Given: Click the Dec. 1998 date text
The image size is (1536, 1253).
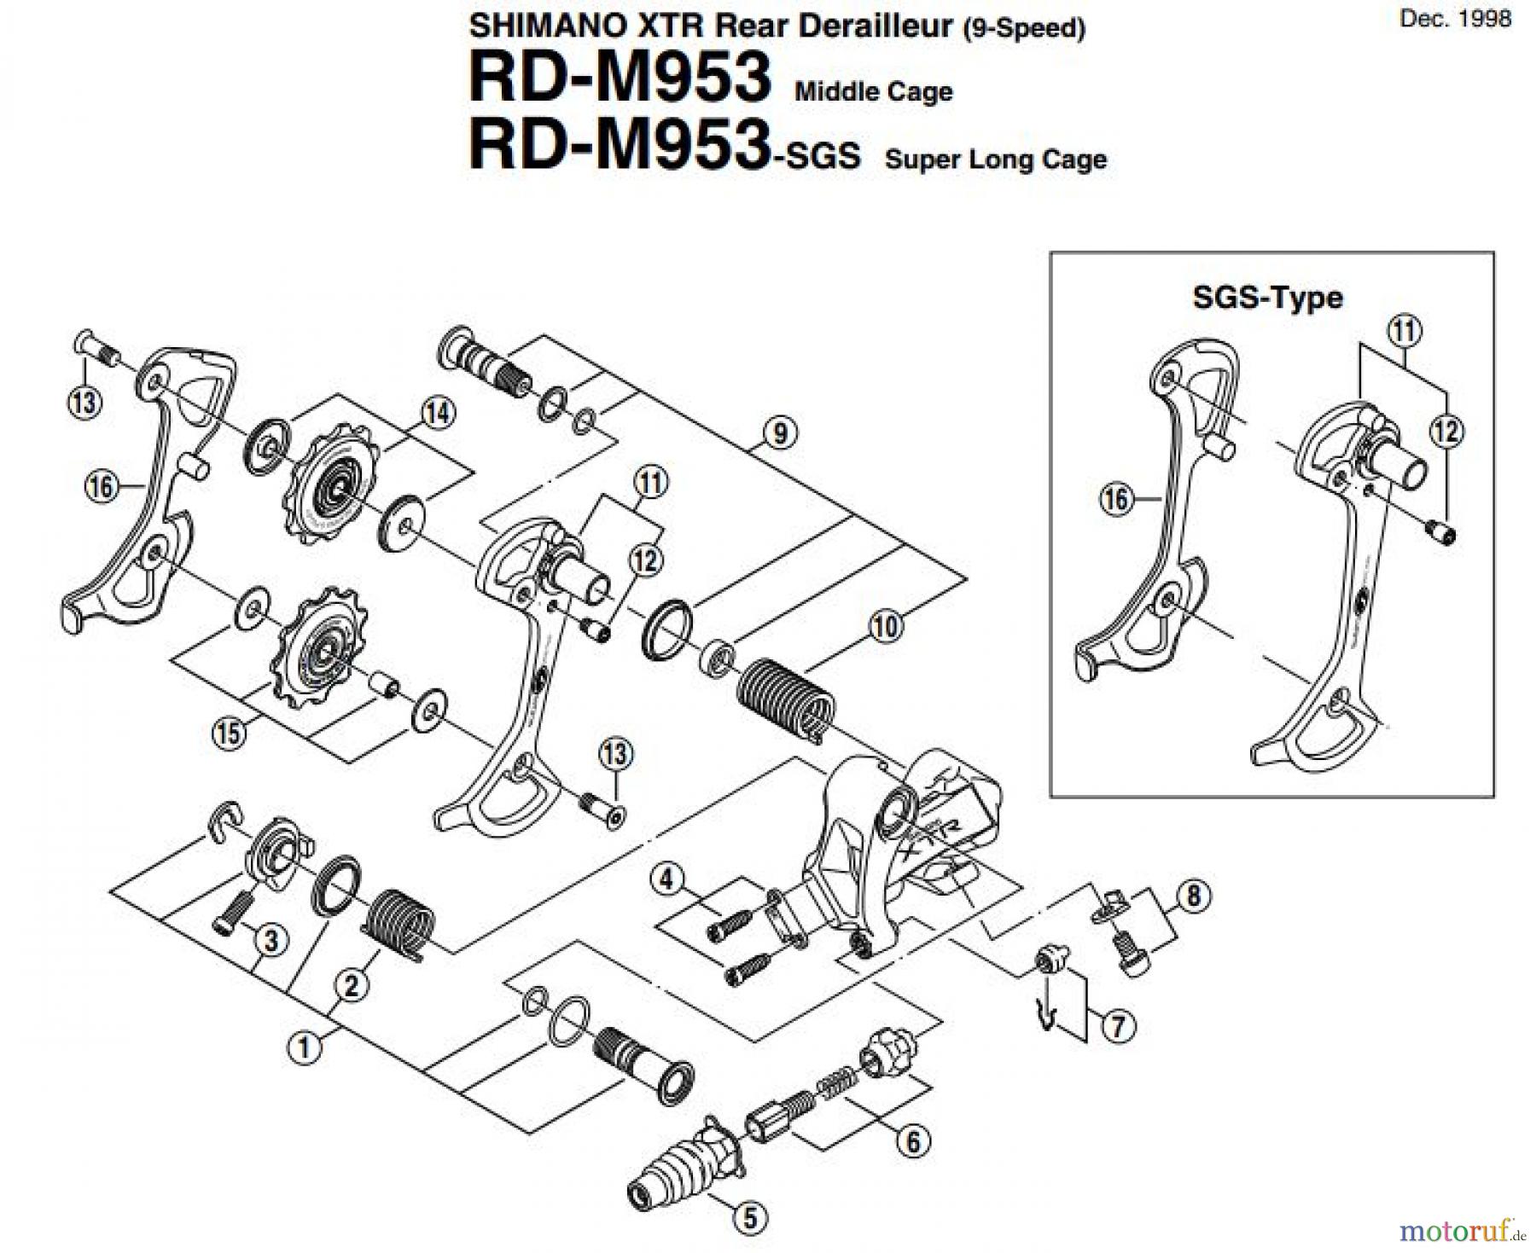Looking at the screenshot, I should [x=1455, y=19].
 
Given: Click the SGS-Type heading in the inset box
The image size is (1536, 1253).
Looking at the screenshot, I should [x=1267, y=298].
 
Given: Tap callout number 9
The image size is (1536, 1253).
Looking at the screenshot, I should [x=780, y=434].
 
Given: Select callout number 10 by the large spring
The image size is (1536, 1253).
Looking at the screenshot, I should [x=886, y=627].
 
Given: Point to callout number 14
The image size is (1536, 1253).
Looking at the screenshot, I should [x=438, y=414].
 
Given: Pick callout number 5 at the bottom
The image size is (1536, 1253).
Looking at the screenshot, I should [x=750, y=1218].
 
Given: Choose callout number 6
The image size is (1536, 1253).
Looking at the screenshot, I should [x=913, y=1141].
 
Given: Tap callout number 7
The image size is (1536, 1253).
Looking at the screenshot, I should [x=1118, y=1025].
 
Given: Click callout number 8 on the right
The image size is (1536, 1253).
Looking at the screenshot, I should [x=1193, y=895].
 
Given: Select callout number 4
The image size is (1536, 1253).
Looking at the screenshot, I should [x=668, y=879].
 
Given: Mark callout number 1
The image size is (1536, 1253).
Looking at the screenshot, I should [x=304, y=1046].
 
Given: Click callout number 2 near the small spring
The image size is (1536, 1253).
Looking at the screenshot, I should [x=352, y=986].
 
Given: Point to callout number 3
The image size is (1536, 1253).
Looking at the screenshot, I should [x=271, y=941].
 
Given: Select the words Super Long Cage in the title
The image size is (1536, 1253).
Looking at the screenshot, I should [x=996, y=160].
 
